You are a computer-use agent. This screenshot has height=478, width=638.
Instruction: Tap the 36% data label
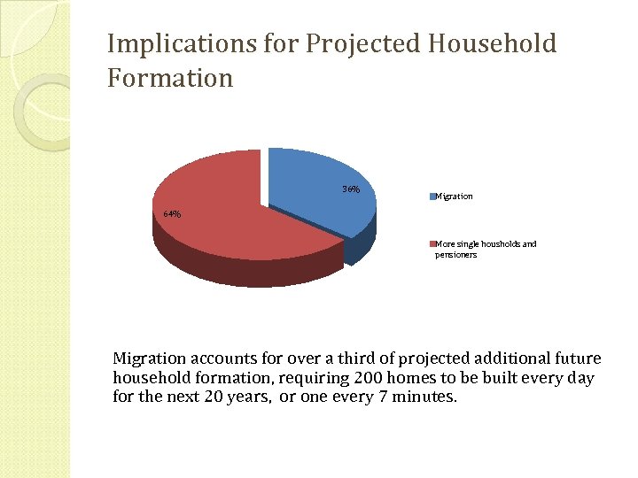pyautogui.click(x=351, y=189)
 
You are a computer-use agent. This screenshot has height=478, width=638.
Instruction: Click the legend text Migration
pyautogui.click(x=455, y=197)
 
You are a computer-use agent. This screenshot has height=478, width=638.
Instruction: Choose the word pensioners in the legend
pyautogui.click(x=455, y=255)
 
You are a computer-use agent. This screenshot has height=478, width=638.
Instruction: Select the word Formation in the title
pyautogui.click(x=170, y=78)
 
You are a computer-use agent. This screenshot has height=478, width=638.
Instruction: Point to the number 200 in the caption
pyautogui.click(x=373, y=378)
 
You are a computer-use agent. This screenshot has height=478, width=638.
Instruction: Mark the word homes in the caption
pyautogui.click(x=421, y=378)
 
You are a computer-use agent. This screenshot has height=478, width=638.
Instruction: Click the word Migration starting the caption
pyautogui.click(x=149, y=358)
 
